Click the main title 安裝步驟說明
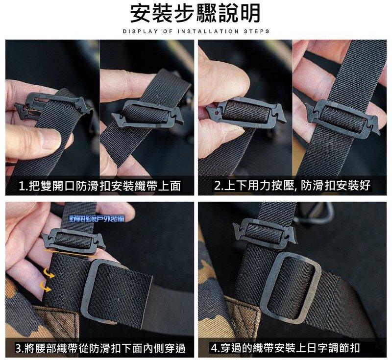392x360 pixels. click(196, 14)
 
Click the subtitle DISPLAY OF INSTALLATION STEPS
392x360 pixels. click(196, 32)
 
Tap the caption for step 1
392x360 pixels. click(100, 186)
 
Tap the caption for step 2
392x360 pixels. click(293, 186)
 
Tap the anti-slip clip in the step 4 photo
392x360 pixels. click(265, 230)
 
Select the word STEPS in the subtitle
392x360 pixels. click(256, 32)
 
